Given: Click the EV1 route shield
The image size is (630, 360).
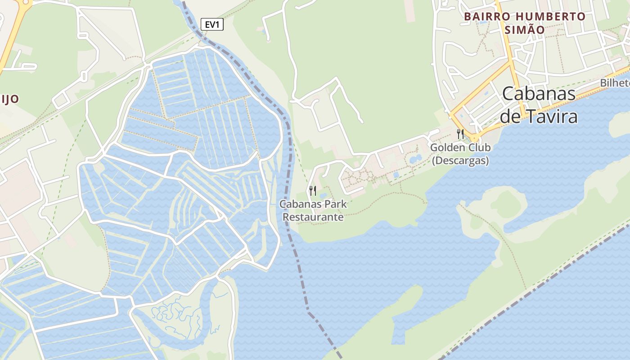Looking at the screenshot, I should click(211, 25).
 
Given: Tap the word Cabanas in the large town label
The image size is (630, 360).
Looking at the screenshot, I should click(539, 94).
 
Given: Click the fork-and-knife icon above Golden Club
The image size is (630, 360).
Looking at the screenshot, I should click(460, 134).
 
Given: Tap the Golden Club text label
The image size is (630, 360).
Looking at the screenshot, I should click(460, 148).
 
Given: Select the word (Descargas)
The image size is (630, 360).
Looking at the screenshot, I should click(460, 161).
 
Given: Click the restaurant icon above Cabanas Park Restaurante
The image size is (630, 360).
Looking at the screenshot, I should click(313, 190).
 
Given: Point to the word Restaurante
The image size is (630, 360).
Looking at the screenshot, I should click(313, 217).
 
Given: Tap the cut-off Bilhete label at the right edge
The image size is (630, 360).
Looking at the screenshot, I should click(615, 83).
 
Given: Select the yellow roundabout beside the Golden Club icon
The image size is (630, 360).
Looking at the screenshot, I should click(474, 138).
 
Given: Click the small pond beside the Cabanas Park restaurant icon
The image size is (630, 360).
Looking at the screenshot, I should click(323, 196).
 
